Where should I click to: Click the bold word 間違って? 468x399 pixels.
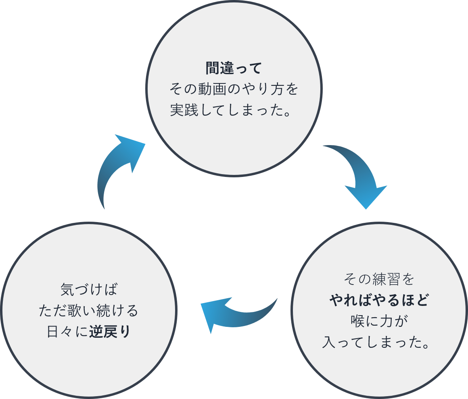coord(234,68)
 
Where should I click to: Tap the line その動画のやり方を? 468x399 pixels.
coord(234,89)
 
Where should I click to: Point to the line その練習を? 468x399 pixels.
coord(379,279)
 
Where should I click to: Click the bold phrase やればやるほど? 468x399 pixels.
coord(379,300)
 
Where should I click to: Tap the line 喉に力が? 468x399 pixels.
coord(379,322)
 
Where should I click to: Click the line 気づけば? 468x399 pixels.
coord(88,289)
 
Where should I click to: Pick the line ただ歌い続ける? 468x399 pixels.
coord(88,311)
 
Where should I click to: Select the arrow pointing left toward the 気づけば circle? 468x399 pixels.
coord(234,312)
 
